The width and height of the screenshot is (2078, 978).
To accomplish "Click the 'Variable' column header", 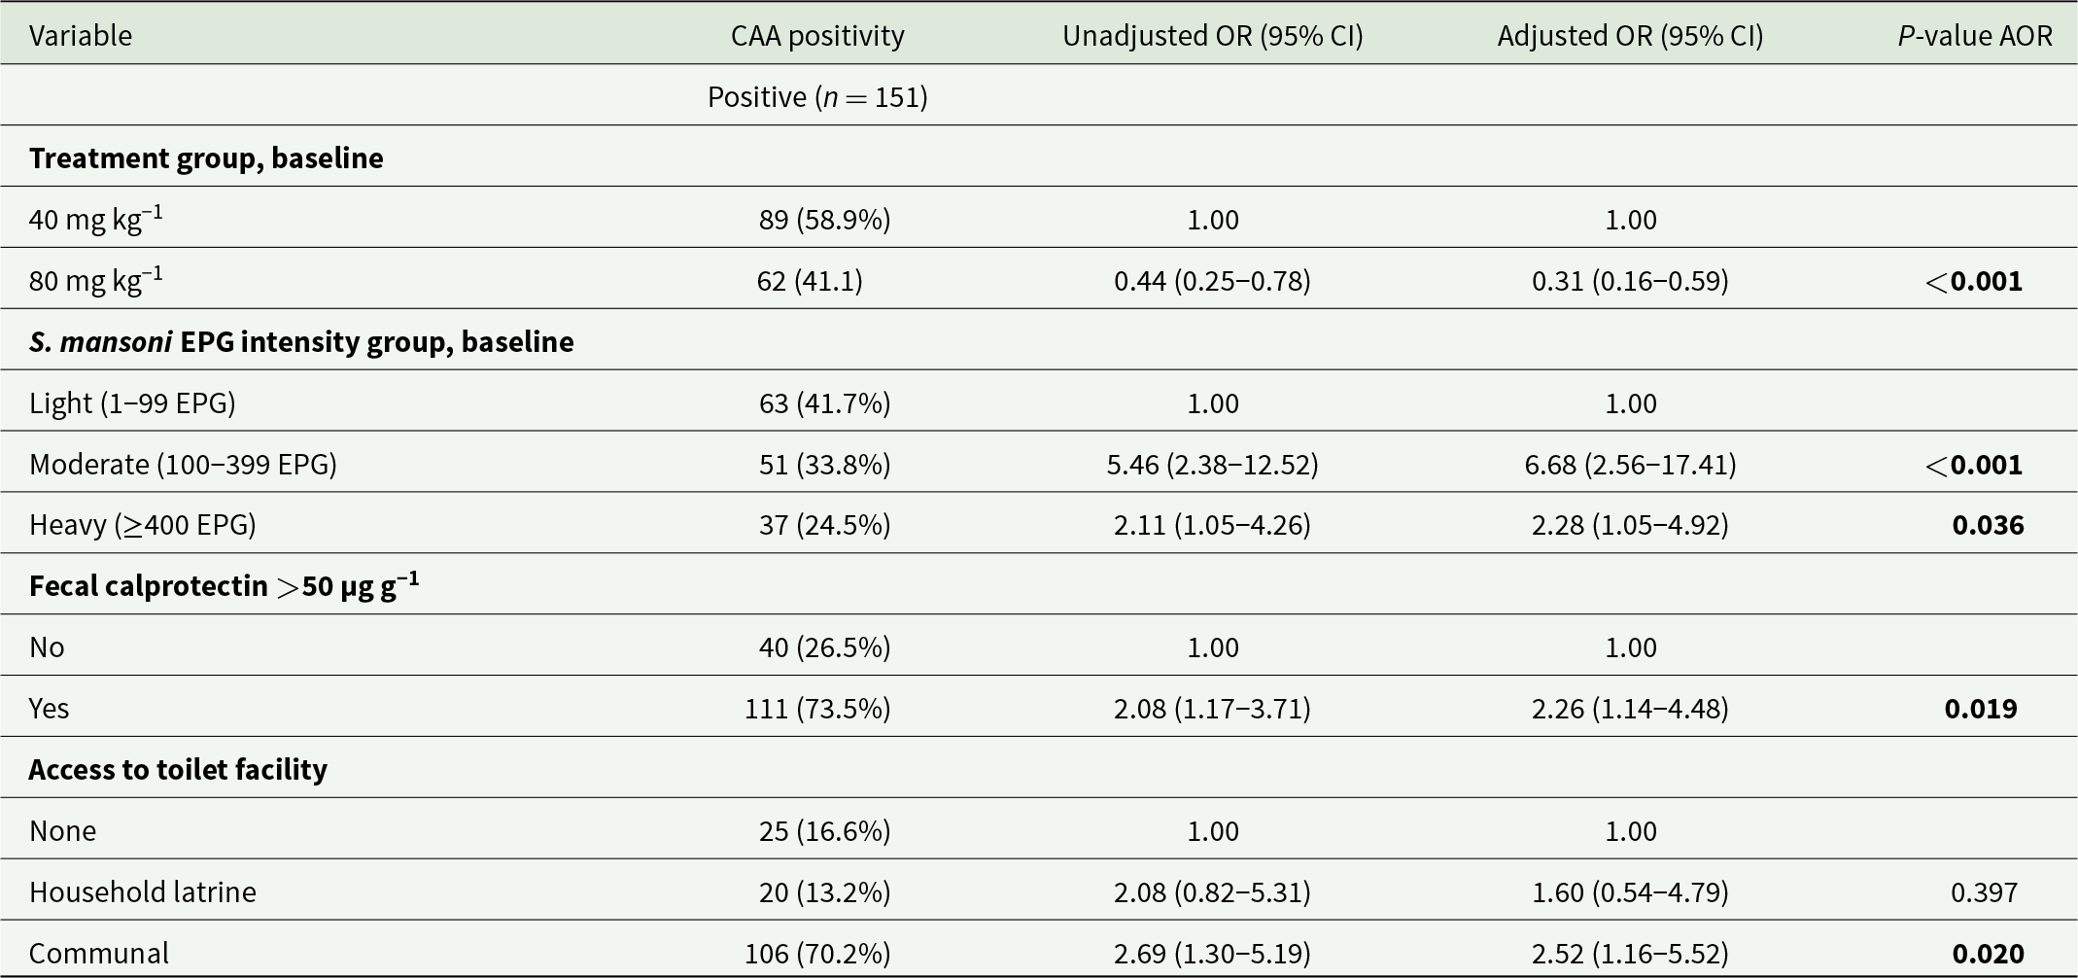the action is pyautogui.click(x=81, y=36).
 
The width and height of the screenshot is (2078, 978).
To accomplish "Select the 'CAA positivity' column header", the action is pyautogui.click(x=817, y=36).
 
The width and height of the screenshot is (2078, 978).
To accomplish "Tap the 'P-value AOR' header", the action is pyautogui.click(x=1975, y=36).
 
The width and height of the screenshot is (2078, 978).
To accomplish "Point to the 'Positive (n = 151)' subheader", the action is pyautogui.click(x=817, y=97).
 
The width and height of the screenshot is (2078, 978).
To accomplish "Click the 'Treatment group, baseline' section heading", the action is pyautogui.click(x=206, y=158).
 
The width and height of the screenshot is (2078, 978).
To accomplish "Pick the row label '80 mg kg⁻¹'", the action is pyautogui.click(x=96, y=280).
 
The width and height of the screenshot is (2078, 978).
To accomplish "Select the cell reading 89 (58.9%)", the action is pyautogui.click(x=824, y=220).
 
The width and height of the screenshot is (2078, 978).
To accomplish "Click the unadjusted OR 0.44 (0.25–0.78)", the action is pyautogui.click(x=1212, y=281).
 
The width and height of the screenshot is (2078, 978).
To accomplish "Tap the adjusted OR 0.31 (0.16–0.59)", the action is pyautogui.click(x=1630, y=281).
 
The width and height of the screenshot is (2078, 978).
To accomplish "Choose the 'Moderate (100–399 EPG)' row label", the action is pyautogui.click(x=183, y=465).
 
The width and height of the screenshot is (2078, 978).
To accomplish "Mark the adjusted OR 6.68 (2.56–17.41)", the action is pyautogui.click(x=1630, y=465).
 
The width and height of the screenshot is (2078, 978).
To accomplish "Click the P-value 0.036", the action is pyautogui.click(x=1988, y=525).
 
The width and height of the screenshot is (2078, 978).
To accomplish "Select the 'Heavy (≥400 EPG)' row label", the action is pyautogui.click(x=143, y=525).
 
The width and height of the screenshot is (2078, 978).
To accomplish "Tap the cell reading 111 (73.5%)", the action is pyautogui.click(x=817, y=709).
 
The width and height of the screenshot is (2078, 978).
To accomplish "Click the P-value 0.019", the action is pyautogui.click(x=1981, y=709).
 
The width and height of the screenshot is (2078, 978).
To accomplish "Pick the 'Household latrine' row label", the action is pyautogui.click(x=143, y=891).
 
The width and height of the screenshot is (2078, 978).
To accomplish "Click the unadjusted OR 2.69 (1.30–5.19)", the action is pyautogui.click(x=1212, y=954).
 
